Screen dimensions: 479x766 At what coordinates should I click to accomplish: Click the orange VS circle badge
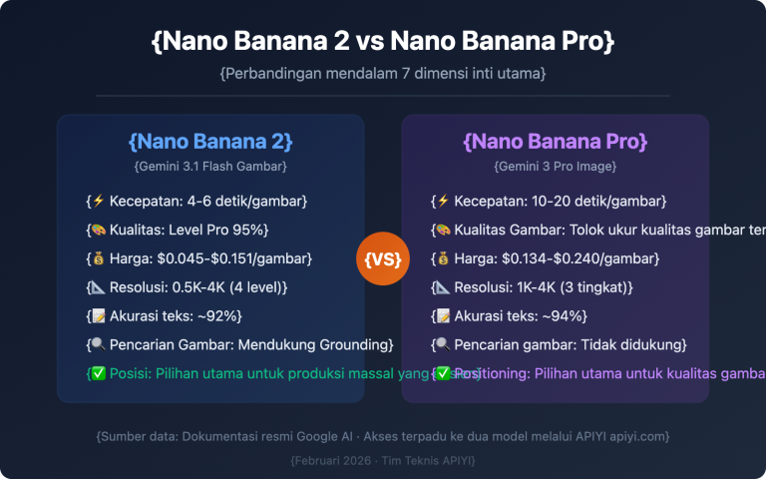(383, 259)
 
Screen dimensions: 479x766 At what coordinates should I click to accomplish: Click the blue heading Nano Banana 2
(210, 140)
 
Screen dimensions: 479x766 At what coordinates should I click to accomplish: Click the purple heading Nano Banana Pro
(556, 140)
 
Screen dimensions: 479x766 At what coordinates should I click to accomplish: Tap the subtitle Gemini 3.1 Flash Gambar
(210, 166)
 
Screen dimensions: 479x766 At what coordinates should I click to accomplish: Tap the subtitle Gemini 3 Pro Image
(556, 166)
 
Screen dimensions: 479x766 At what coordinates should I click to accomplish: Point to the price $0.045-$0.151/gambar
(234, 258)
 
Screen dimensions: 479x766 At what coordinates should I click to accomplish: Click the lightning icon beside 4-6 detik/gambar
(98, 201)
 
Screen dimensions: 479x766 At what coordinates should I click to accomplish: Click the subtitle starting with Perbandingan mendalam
(383, 74)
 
